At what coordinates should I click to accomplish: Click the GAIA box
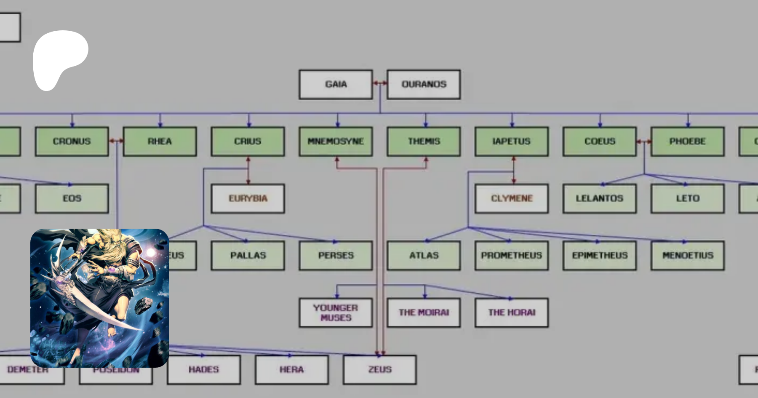[336, 84]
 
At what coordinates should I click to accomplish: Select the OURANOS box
[423, 84]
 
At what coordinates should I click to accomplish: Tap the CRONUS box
[72, 142]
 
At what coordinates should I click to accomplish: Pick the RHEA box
[160, 142]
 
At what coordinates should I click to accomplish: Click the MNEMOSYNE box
[336, 142]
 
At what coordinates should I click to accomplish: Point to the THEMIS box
[423, 142]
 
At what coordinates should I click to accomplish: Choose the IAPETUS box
[511, 142]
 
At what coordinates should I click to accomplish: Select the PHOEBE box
[687, 142]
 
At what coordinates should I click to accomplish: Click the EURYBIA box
[248, 198]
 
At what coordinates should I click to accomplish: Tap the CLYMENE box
[511, 198]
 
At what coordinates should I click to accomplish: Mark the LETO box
[687, 198]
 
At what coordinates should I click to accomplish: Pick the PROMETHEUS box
[511, 255]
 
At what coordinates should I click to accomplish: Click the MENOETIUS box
[687, 255]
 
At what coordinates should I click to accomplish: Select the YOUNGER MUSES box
[336, 313]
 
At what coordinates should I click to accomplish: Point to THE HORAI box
[511, 313]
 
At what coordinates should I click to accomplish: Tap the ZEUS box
[379, 369]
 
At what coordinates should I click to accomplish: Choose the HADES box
[203, 369]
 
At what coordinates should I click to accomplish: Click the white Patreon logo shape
[59, 57]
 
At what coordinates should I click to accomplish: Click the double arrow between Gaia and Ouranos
[380, 83]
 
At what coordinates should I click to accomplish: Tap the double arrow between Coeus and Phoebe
[643, 142]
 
